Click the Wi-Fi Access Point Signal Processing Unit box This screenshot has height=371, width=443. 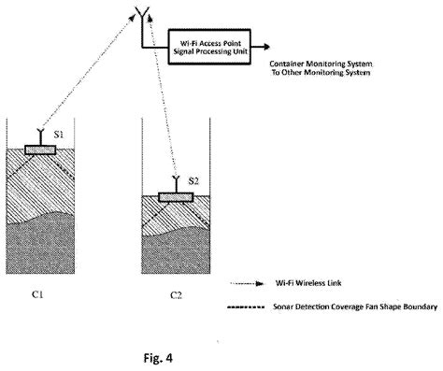click(x=214, y=43)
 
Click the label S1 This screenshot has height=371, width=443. click(x=58, y=136)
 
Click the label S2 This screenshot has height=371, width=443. click(x=193, y=179)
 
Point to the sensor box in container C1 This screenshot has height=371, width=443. click(x=39, y=150)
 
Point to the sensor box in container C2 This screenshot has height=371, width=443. click(x=175, y=196)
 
